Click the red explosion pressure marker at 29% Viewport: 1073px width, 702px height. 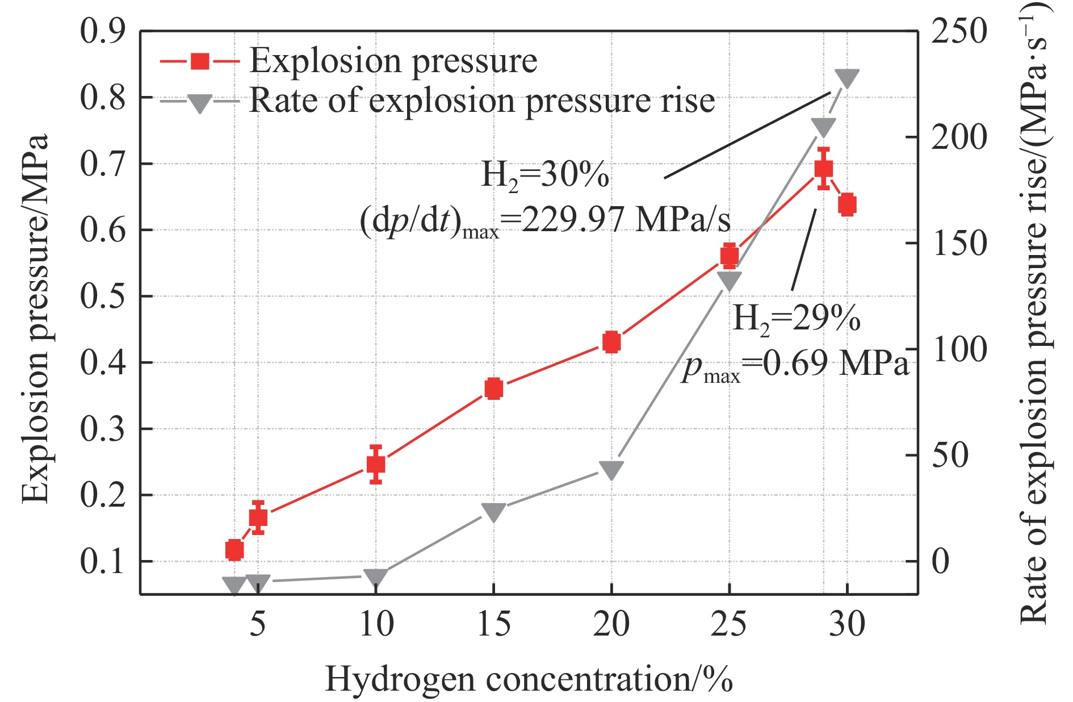pyautogui.click(x=823, y=169)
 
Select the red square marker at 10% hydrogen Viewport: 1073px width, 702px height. pyautogui.click(x=375, y=465)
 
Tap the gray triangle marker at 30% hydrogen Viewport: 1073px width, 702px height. pyautogui.click(x=846, y=78)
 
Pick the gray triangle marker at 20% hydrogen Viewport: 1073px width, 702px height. pyautogui.click(x=611, y=470)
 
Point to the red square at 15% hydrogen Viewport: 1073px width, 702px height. pyautogui.click(x=493, y=388)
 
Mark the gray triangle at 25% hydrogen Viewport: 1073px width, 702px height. pyautogui.click(x=729, y=280)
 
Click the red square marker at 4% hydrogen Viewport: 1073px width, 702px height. pyautogui.click(x=234, y=550)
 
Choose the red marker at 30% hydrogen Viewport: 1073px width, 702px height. pyautogui.click(x=847, y=204)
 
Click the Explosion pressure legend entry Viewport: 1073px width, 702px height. pyautogui.click(x=393, y=61)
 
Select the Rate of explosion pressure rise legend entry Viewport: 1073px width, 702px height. pyautogui.click(x=481, y=101)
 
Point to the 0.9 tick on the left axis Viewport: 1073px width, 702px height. pyautogui.click(x=103, y=31)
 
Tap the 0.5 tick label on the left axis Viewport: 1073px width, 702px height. pyautogui.click(x=103, y=296)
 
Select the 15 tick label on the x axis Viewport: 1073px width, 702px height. pyautogui.click(x=493, y=624)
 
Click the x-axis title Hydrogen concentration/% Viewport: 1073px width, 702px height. pyautogui.click(x=529, y=679)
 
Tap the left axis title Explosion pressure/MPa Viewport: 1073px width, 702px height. pyautogui.click(x=35, y=318)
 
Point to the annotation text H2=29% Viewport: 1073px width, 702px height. pyautogui.click(x=796, y=318)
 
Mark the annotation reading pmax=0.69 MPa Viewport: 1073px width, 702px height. pyautogui.click(x=795, y=364)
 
